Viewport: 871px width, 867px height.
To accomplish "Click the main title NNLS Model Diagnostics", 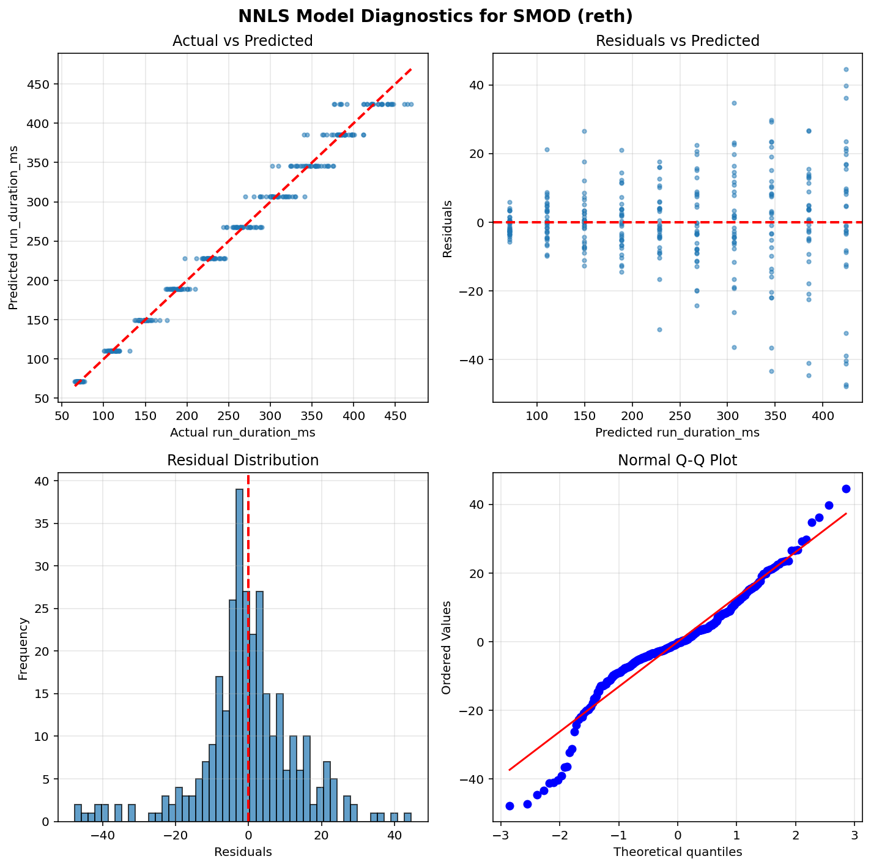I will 435,15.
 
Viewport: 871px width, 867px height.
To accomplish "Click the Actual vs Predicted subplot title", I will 243,41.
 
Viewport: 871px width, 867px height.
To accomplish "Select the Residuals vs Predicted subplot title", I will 677,41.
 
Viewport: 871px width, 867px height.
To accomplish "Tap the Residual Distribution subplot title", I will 243,460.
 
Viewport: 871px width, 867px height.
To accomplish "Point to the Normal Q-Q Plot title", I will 677,460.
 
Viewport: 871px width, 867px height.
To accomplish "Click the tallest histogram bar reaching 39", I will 239,655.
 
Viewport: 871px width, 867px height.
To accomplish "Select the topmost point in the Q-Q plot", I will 846,489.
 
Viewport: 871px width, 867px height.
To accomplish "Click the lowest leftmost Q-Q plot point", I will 510,806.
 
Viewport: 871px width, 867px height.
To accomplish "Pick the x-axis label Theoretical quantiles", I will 677,852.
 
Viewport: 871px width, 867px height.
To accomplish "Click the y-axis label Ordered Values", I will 447,647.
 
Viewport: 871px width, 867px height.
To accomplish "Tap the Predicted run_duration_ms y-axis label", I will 13,228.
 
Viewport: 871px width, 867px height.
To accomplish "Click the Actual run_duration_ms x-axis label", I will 243,432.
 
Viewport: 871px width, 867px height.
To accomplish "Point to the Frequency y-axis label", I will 23,648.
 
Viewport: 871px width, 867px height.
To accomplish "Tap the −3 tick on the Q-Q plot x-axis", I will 501,835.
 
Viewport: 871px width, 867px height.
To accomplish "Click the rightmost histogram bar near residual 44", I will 407,817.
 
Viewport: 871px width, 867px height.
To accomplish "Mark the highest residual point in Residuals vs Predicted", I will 846,69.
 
